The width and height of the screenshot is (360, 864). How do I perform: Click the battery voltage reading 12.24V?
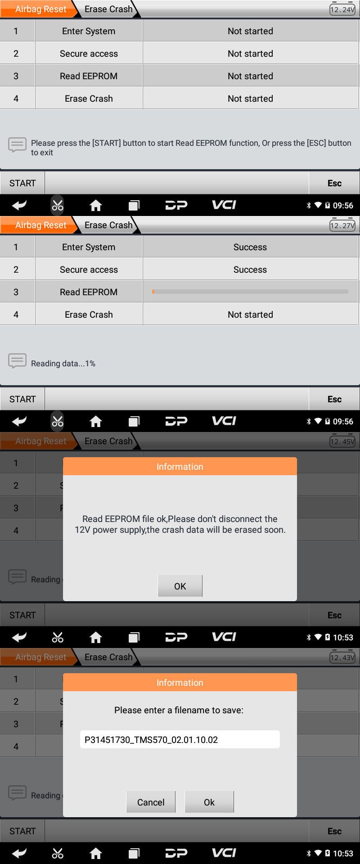click(342, 9)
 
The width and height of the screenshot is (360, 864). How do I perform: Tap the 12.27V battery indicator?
click(342, 225)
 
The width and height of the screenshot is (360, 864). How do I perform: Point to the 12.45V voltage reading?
click(342, 441)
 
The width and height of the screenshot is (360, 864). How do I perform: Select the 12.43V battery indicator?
click(342, 657)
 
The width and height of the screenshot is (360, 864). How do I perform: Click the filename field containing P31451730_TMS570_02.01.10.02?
click(180, 739)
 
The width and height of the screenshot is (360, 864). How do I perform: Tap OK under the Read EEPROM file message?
click(180, 586)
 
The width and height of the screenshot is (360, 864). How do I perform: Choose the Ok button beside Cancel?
click(209, 802)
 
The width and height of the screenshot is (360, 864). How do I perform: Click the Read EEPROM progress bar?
click(250, 292)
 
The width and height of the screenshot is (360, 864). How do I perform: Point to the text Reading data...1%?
click(63, 364)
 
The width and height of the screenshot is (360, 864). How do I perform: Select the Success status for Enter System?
click(250, 247)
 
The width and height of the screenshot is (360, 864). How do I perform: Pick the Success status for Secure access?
click(250, 270)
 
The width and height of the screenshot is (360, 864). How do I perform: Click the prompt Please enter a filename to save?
click(179, 710)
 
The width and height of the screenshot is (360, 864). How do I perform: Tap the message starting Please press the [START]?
click(191, 148)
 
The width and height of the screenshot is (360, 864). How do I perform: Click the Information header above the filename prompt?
click(180, 682)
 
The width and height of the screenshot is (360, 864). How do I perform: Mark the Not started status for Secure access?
click(250, 54)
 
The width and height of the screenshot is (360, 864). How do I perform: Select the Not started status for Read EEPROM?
click(250, 76)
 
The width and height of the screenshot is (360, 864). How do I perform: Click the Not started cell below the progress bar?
click(250, 315)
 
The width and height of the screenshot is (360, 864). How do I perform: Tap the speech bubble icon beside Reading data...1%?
click(18, 361)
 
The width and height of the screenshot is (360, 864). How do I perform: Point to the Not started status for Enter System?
click(250, 31)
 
